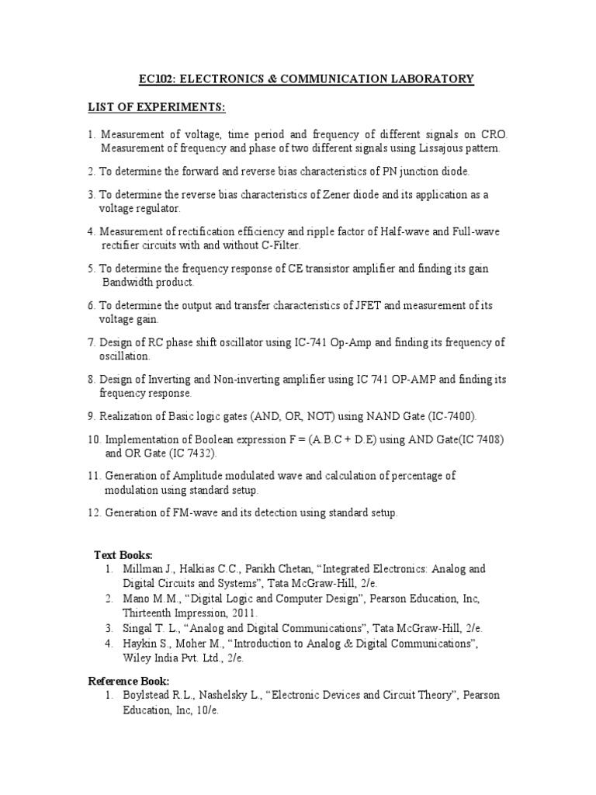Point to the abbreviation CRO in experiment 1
click(x=493, y=134)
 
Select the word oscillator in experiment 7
click(x=210, y=342)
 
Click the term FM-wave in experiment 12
click(x=195, y=513)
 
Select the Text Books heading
click(x=123, y=555)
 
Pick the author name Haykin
click(x=140, y=644)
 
